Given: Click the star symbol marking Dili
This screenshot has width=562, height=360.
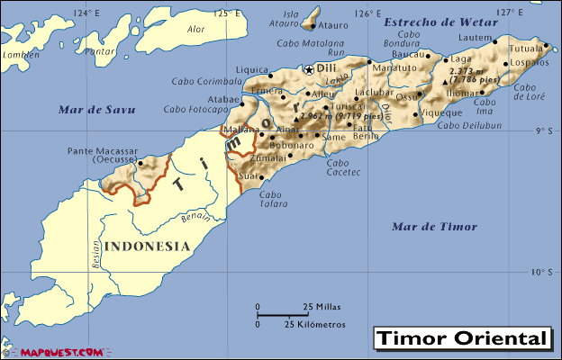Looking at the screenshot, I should (x=309, y=69).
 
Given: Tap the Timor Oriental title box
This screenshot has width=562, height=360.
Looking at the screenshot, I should (x=461, y=338).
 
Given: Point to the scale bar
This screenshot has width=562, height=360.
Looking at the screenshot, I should (x=284, y=314).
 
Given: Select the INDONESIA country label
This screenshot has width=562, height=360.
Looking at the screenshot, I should (x=147, y=246).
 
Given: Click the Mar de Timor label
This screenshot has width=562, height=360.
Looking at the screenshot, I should (x=434, y=226).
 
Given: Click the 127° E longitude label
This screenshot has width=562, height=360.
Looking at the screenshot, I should (x=510, y=12).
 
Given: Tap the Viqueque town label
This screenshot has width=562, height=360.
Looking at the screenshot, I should (x=442, y=112).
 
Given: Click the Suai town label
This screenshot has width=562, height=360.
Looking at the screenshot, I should (x=248, y=176).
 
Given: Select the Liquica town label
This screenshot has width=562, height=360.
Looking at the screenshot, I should (x=252, y=69).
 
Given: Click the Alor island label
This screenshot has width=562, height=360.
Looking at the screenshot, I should (x=195, y=29).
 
